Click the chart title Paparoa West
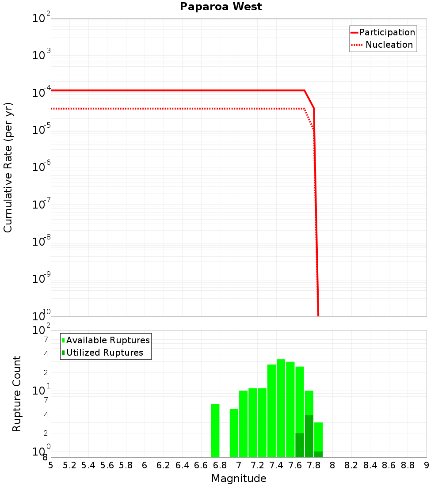coord(221,7)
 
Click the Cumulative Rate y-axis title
coord(8,167)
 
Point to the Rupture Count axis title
coord(17,394)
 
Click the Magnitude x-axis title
coord(239,478)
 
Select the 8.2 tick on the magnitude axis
coord(351,465)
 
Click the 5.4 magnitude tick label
coord(88,465)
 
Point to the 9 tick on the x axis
coord(426,465)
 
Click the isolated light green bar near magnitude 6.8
coord(215,431)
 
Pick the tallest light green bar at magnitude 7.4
coord(281,408)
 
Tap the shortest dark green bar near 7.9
coord(318,454)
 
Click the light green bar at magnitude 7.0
coord(243,424)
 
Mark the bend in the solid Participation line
coord(305,91)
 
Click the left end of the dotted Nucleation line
coord(52,109)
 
